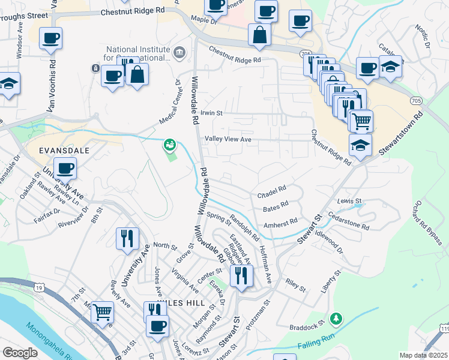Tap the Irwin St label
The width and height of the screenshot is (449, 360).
tap(211, 112)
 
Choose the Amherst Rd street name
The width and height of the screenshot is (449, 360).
tap(281, 221)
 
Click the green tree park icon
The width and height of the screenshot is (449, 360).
tap(337, 317)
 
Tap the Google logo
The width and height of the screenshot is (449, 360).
tap(20, 352)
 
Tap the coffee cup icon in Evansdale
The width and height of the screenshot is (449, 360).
tap(65, 168)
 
